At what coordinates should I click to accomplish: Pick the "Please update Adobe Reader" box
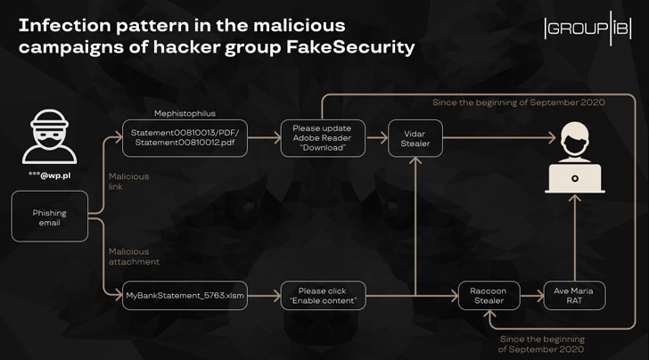(x=317, y=139)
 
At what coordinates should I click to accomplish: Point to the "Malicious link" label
(x=129, y=182)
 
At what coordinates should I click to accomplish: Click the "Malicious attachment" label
(x=135, y=257)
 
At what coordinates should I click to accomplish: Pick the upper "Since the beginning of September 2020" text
(x=519, y=103)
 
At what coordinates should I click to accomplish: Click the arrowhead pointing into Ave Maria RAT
(x=540, y=295)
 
